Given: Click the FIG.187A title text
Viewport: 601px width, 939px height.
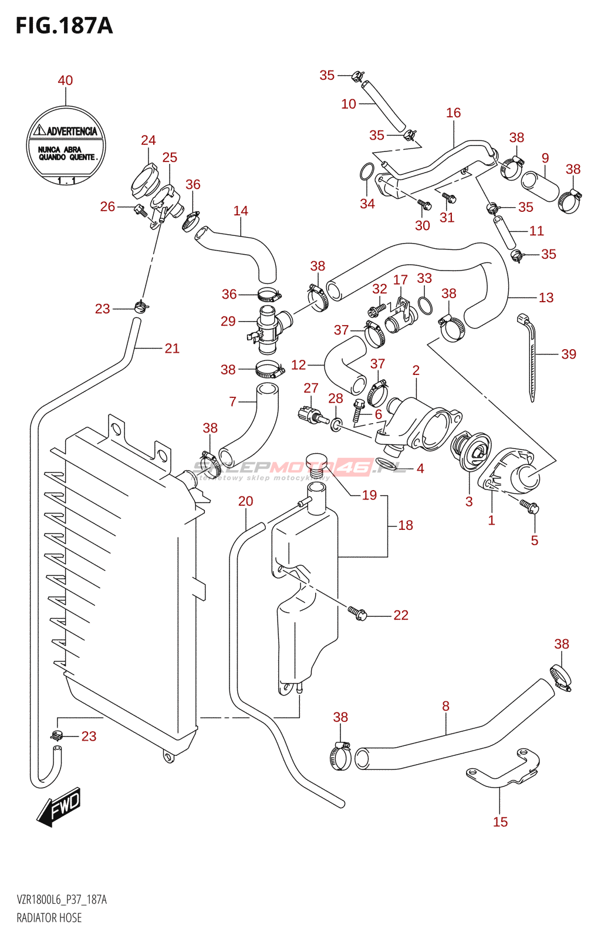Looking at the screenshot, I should coord(64,26).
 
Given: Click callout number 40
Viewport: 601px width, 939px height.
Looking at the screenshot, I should coord(65,80).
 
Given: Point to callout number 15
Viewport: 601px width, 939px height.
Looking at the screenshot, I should coord(500,822).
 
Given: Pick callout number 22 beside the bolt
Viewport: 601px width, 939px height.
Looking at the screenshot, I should coord(401,615).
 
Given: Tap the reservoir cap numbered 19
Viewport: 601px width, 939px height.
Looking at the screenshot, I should coord(317,460).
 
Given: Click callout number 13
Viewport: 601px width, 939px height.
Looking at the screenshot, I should coord(546,298).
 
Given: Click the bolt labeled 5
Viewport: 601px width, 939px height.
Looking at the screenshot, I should coord(530,506).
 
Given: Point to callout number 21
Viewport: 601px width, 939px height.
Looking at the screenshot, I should coord(172,349).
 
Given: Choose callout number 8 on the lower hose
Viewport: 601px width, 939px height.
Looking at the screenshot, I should coord(445,706).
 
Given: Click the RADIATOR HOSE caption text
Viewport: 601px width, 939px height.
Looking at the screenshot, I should coord(49,918).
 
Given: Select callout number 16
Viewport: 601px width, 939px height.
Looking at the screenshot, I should coord(453,113).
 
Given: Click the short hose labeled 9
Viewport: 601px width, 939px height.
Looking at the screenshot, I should coord(541,185).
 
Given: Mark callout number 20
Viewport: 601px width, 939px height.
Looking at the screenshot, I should coord(245,501).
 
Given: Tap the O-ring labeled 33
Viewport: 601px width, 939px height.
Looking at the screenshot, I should coord(426,306).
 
